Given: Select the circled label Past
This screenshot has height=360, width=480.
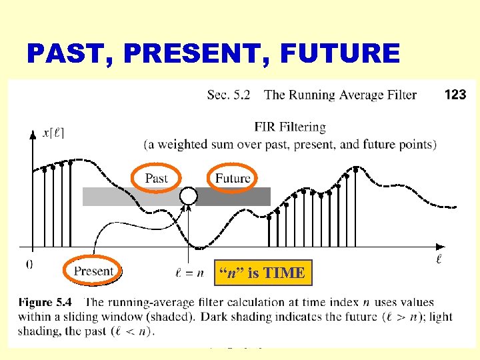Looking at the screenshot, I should pos(156,178).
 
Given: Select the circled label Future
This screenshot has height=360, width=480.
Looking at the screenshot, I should pos(233,178).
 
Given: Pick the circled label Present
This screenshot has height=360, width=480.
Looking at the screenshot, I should pos(93,271).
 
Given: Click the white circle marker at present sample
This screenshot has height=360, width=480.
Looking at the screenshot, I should pos(189,196).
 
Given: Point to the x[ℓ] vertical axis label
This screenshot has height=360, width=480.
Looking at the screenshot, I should pos(53,133).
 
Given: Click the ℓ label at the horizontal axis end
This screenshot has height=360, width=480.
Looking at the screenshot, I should pos(440,257).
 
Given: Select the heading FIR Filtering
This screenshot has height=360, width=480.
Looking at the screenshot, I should pos(290,127).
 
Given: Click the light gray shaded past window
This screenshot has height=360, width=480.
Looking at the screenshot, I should pos(130,196).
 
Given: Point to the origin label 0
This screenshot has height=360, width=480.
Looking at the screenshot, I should pos(29,263).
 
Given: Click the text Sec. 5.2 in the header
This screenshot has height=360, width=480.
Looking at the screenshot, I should pos(229,95).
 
